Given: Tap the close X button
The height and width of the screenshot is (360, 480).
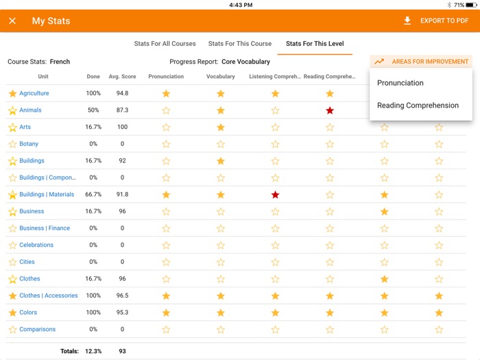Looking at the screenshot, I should pos(12,21).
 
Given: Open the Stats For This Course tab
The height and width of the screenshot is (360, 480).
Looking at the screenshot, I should pos(240,44).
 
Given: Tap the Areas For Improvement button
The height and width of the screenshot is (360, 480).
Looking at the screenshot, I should pos(421,62).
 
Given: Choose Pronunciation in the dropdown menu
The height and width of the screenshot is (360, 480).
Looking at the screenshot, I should pos(400,83).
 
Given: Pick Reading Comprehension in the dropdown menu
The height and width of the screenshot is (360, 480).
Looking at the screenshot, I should pos(418,106).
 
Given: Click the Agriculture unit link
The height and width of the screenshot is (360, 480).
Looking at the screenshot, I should pos(34,93).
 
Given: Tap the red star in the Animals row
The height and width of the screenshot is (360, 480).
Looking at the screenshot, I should pos(330,110).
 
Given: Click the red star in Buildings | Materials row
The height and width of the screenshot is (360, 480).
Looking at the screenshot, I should pos(275,195).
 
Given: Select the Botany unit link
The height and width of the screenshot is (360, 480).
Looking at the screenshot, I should pos(29,144).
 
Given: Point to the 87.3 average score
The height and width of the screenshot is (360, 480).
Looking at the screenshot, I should pos(122,110).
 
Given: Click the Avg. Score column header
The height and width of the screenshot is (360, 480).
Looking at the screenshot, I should pos(122,77).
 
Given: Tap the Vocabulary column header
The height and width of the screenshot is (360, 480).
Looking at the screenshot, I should pos(220,77).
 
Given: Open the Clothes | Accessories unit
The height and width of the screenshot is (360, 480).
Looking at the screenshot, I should pos(49,296).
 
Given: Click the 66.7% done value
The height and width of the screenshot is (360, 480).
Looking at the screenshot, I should pos(93,195).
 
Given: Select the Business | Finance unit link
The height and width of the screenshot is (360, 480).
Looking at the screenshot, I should pos(45,228).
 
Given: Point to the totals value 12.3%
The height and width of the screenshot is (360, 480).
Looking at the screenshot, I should pos(93,351).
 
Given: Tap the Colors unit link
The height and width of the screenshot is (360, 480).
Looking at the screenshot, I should pos(28,313).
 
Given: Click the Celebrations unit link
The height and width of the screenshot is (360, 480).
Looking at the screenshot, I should pos(36,245).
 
